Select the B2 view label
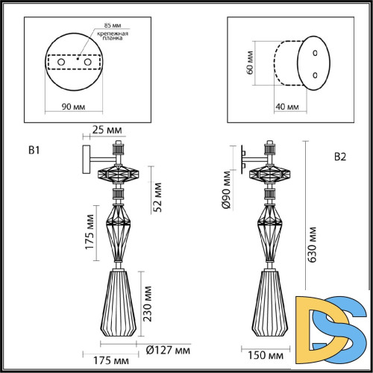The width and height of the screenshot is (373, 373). pos(340,157)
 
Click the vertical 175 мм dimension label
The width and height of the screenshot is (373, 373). pos(90,234)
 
